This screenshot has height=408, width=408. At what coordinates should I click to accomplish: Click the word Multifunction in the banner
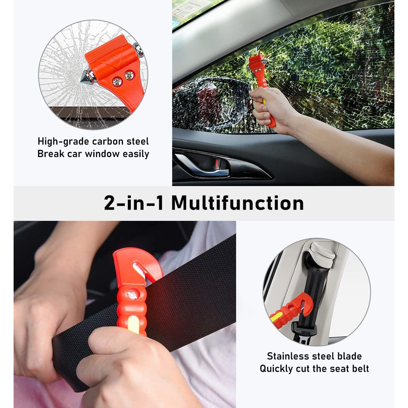point(237,203)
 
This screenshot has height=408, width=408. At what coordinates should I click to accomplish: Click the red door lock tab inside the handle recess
point(217,163)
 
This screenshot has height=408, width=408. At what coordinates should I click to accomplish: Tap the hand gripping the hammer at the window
point(268,109)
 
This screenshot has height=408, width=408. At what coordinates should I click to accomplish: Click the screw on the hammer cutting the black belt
point(133,295)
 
